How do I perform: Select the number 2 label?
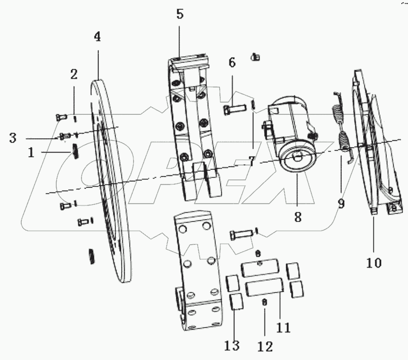pyautogui.click(x=73, y=74)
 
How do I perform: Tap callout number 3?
pyautogui.click(x=13, y=138)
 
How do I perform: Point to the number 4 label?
pyautogui.click(x=97, y=37)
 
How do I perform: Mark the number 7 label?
pyautogui.click(x=252, y=162)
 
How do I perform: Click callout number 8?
pyautogui.click(x=298, y=217)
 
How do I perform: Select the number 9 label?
pyautogui.click(x=341, y=204)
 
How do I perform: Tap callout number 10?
pyautogui.click(x=374, y=263)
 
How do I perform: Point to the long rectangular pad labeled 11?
pyautogui.click(x=264, y=288)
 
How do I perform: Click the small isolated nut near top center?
pyautogui.click(x=255, y=57)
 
